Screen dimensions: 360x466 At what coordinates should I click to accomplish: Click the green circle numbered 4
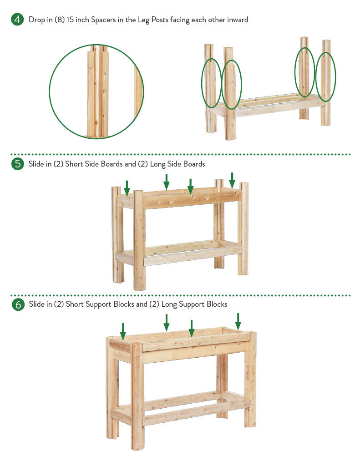[18, 20]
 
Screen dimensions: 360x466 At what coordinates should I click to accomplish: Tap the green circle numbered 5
[18, 164]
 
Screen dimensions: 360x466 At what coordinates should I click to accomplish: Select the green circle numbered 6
[18, 304]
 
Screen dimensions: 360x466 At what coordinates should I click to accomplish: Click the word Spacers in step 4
[103, 20]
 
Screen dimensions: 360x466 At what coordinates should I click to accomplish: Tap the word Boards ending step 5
[194, 164]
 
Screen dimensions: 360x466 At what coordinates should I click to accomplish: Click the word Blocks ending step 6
[217, 304]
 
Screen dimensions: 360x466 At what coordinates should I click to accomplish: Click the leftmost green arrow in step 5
[127, 188]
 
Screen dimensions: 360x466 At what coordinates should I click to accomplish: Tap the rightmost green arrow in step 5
[232, 180]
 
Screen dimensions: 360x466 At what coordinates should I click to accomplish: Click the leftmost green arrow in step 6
[123, 331]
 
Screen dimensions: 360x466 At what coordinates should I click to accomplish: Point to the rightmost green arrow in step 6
[238, 321]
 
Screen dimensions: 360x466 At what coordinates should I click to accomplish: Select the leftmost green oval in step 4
[202, 83]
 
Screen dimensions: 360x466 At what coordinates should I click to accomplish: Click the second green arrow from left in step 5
[167, 182]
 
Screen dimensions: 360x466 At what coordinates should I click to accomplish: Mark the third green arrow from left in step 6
[192, 328]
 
